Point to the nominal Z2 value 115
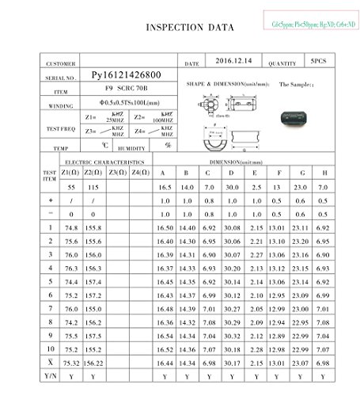point(94,187)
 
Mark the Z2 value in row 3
point(95,255)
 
